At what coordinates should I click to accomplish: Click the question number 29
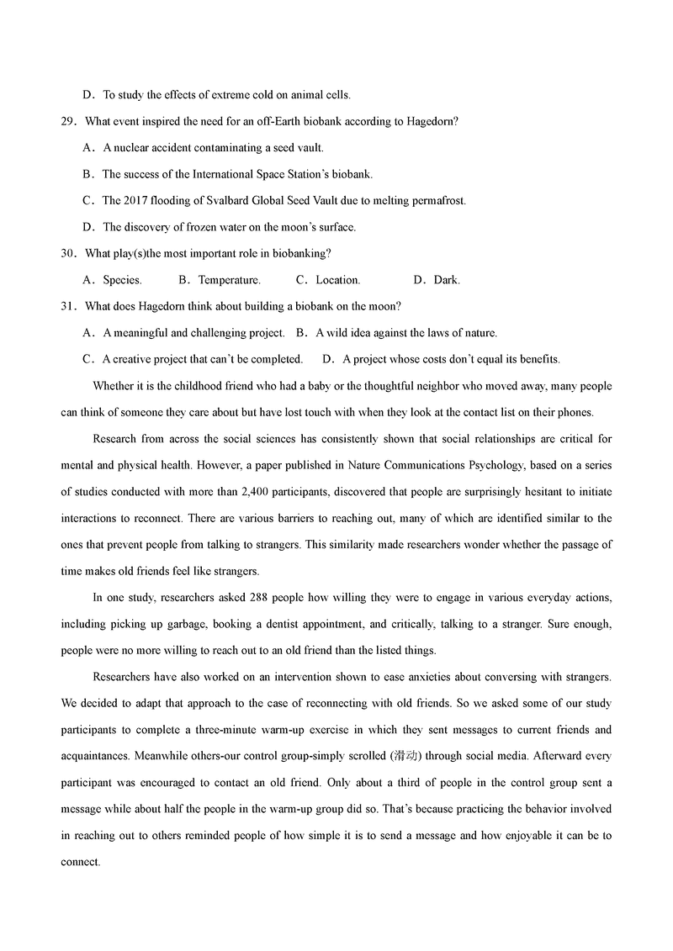68,122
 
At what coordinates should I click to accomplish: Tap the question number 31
68,306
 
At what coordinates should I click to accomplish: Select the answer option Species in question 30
122,280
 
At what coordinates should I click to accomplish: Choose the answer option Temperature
229,280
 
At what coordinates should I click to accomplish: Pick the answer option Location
337,280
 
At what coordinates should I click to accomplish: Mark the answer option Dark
447,280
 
